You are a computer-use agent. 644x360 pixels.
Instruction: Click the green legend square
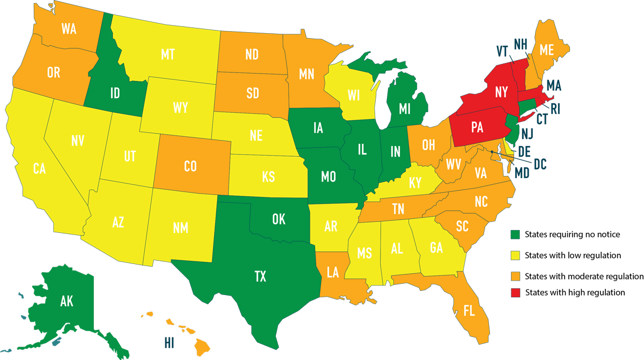(x=515, y=234)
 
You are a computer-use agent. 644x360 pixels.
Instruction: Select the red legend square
(x=515, y=292)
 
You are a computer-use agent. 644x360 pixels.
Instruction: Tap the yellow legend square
(x=515, y=254)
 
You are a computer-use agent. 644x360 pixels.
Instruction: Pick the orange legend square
(x=515, y=274)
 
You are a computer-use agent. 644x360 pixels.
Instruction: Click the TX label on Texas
(x=260, y=277)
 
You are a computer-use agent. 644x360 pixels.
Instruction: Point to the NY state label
(x=501, y=92)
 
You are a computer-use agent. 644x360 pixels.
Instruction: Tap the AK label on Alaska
(x=67, y=302)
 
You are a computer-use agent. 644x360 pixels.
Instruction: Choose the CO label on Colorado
(x=190, y=166)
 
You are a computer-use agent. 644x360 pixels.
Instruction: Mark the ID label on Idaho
(x=115, y=94)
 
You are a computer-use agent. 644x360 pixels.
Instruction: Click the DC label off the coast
(x=539, y=164)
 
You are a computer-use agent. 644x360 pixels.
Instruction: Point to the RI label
(x=555, y=109)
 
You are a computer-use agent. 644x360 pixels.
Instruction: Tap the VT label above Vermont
(x=502, y=51)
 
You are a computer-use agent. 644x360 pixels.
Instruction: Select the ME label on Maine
(x=546, y=50)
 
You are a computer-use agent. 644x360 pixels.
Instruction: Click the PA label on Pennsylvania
(x=477, y=128)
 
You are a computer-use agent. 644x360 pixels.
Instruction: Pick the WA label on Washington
(x=69, y=29)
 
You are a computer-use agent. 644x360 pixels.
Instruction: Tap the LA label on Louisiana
(x=332, y=273)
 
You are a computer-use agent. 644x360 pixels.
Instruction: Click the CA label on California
(x=39, y=169)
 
